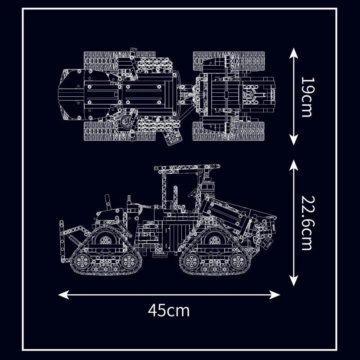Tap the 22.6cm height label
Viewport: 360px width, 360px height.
(306, 223)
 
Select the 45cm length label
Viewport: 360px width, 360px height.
(169, 310)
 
